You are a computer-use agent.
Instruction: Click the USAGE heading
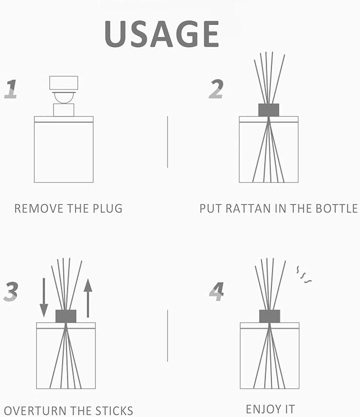pyautogui.click(x=161, y=35)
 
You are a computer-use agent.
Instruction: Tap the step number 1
pyautogui.click(x=11, y=89)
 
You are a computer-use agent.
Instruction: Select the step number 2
pyautogui.click(x=215, y=89)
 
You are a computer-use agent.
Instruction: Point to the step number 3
pyautogui.click(x=11, y=291)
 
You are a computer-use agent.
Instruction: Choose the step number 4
pyautogui.click(x=216, y=291)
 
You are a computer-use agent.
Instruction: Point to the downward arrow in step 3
pyautogui.click(x=44, y=297)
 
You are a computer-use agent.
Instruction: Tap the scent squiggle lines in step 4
pyautogui.click(x=304, y=274)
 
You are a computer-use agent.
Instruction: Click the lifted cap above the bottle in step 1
pyautogui.click(x=64, y=83)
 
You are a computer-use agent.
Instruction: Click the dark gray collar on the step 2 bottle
pyautogui.click(x=269, y=110)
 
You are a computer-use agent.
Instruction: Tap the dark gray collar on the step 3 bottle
pyautogui.click(x=66, y=316)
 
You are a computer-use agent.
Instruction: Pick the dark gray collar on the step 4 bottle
pyautogui.click(x=269, y=316)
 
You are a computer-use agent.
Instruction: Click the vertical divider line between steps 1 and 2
pyautogui.click(x=168, y=141)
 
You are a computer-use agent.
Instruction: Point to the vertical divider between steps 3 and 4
pyautogui.click(x=168, y=335)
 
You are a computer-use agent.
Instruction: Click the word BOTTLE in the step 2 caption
pyautogui.click(x=338, y=208)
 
